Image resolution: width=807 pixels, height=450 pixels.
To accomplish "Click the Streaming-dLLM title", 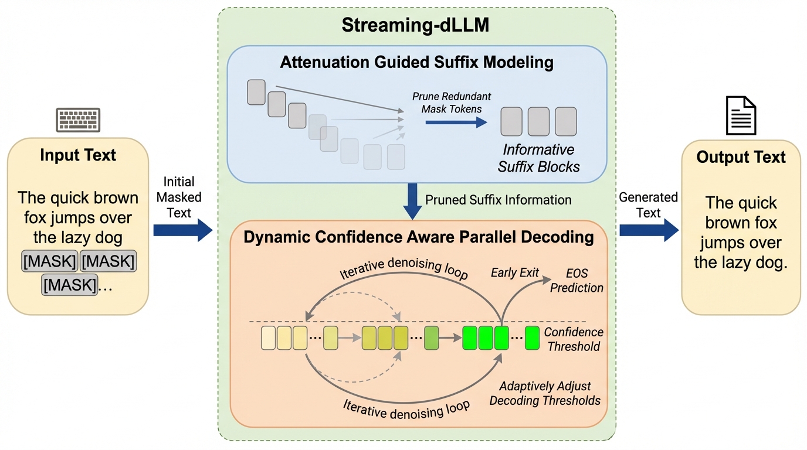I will click(x=416, y=26).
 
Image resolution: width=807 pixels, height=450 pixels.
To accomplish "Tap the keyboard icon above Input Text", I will click(x=78, y=120).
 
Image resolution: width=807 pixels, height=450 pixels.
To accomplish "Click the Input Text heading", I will click(x=78, y=155).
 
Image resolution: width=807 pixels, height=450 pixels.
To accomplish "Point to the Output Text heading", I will click(x=741, y=157).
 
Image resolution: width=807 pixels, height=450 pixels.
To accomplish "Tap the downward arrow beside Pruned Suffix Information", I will click(x=412, y=202).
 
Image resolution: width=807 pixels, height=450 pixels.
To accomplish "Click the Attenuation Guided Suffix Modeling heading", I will click(x=416, y=63).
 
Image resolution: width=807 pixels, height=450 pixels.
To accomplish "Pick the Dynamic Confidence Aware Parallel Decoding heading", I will click(x=418, y=237).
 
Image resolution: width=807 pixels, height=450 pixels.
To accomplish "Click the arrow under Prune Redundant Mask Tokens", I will click(x=456, y=122).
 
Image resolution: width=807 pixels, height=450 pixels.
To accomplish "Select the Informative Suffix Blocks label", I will click(x=538, y=158).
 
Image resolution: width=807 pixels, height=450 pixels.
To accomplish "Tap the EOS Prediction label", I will click(x=577, y=281).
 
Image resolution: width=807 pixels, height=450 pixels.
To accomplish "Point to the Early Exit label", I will click(x=514, y=273).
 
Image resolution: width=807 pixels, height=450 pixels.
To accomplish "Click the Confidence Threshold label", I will click(x=573, y=339).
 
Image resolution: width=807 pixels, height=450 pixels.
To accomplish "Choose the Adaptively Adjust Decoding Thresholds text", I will click(x=545, y=393).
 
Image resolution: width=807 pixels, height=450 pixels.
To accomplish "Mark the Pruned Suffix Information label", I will click(x=498, y=200).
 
